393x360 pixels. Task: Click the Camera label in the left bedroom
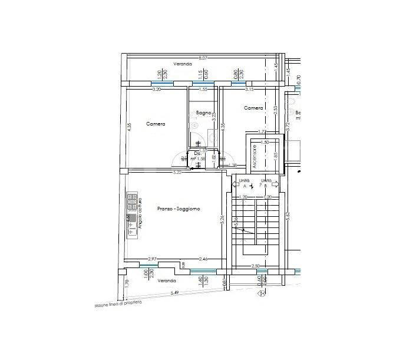click(x=156, y=124)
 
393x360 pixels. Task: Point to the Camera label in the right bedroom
click(x=253, y=108)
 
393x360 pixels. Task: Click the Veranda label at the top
click(x=183, y=64)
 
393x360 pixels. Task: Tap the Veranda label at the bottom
click(x=167, y=281)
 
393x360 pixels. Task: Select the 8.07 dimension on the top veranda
click(x=203, y=58)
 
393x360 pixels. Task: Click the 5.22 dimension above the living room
click(x=176, y=172)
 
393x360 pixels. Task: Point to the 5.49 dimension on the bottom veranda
click(x=174, y=293)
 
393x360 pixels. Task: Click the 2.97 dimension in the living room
click(x=151, y=259)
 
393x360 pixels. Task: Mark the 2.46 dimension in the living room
click(x=203, y=259)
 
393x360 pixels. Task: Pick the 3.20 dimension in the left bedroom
click(x=157, y=90)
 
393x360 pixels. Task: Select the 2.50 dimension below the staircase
click(x=255, y=266)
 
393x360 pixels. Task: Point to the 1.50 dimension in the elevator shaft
click(x=265, y=142)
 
